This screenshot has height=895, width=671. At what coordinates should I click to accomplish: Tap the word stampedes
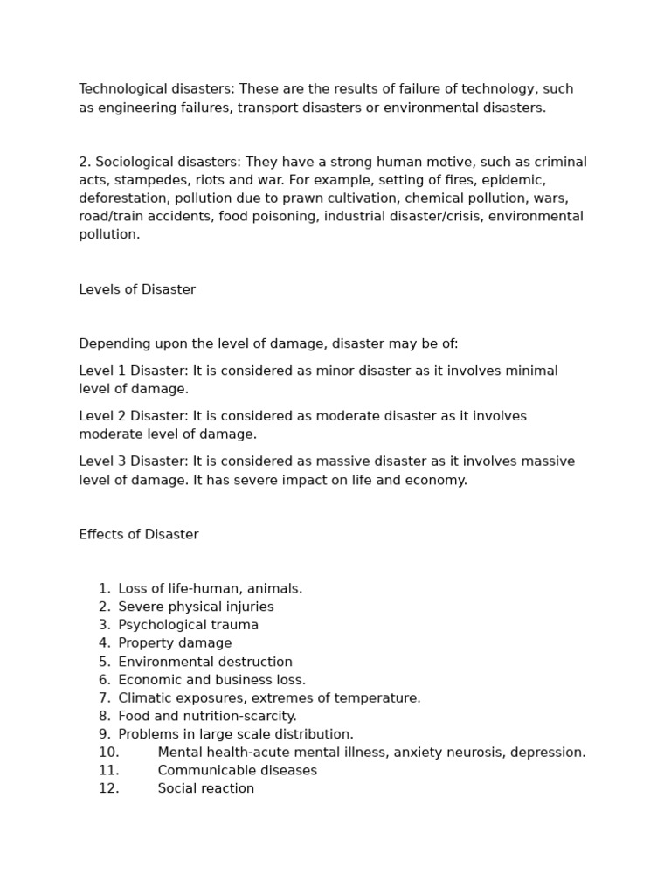point(144,180)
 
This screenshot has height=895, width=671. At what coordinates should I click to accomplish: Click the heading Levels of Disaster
point(137,289)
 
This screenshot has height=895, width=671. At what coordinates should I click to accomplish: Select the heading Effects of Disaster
point(139,534)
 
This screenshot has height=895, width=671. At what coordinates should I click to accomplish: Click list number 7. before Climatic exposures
point(105,698)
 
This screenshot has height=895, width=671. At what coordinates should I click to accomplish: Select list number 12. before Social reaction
point(108,788)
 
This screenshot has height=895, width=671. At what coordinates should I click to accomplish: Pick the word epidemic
point(513,180)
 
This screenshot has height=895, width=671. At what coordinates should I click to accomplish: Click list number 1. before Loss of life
point(105,589)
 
